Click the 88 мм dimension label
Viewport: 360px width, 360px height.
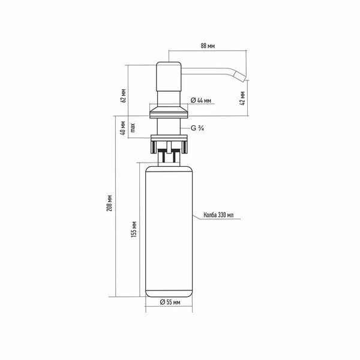click(x=208, y=46)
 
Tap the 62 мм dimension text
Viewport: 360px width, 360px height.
click(x=124, y=95)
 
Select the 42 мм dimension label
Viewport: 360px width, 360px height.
click(x=242, y=98)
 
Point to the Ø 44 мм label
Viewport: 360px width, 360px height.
click(x=200, y=101)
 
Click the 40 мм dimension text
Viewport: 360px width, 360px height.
click(x=124, y=128)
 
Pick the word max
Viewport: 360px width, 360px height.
click(x=133, y=128)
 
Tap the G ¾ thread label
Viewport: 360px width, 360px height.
click(x=197, y=128)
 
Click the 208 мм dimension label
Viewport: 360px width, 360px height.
click(x=110, y=203)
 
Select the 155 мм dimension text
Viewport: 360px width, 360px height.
click(x=134, y=229)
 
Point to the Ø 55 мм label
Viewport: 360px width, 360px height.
click(x=170, y=302)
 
